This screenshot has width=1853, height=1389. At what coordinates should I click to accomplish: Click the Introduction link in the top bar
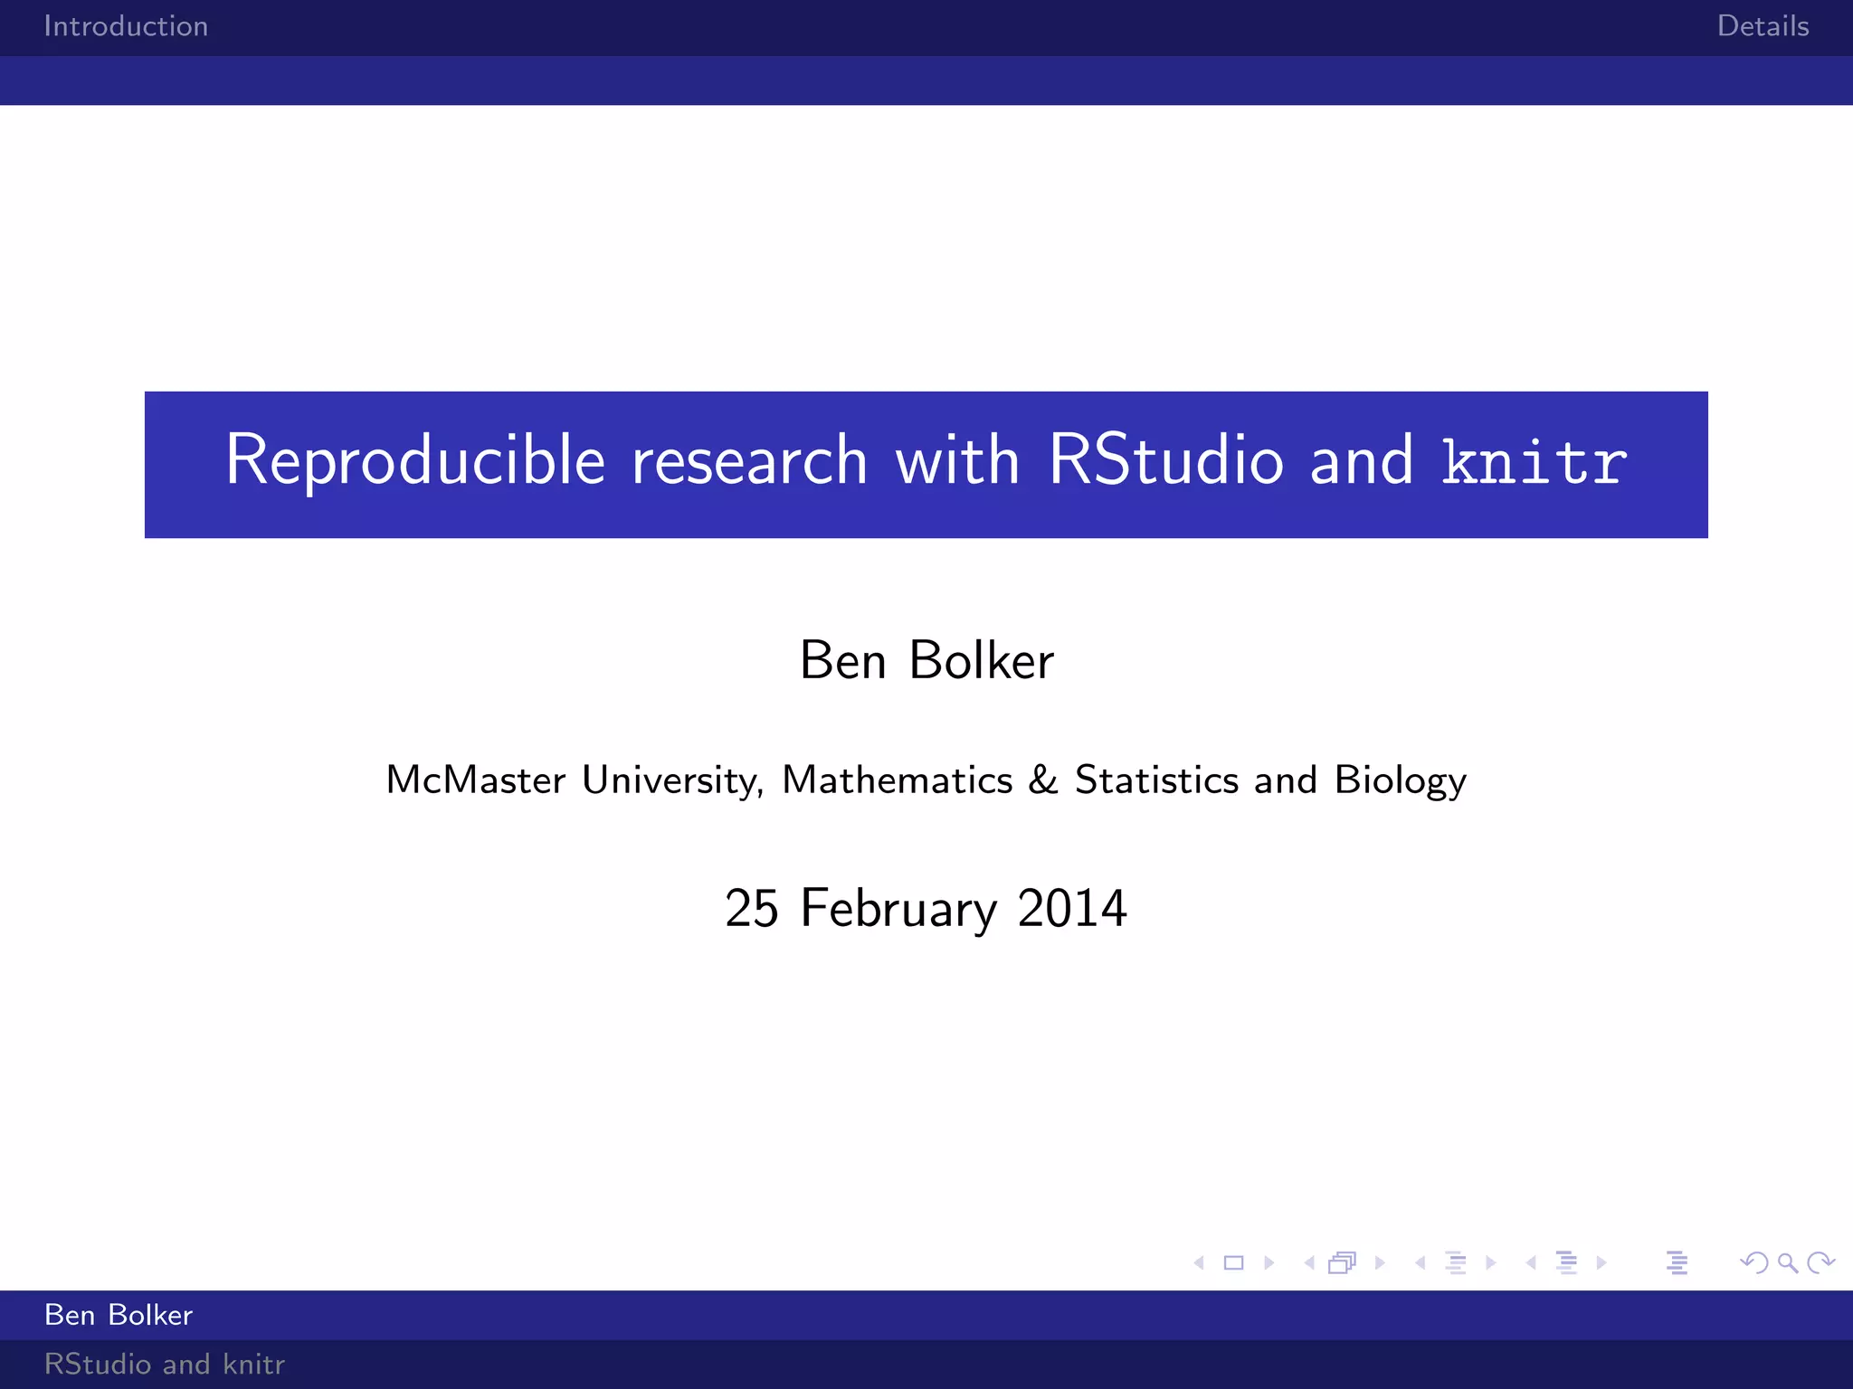126,26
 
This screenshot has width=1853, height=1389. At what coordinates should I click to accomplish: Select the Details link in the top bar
1763,26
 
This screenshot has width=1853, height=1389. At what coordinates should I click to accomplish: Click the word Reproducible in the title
414,461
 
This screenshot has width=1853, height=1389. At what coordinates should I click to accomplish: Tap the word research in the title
749,461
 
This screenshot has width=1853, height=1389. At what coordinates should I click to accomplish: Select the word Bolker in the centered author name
981,660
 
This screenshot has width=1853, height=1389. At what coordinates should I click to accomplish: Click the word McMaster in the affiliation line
476,780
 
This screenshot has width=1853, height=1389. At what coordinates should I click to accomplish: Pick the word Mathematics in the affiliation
897,780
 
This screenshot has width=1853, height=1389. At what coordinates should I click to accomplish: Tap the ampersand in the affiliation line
1043,780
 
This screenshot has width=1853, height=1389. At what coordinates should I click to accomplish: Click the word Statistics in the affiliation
1156,780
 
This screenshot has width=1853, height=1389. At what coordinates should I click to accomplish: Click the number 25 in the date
751,908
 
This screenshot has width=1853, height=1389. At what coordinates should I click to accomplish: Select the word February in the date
898,910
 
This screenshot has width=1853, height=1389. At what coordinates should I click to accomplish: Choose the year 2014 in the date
1072,908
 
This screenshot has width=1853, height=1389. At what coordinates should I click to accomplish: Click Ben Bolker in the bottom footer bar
119,1315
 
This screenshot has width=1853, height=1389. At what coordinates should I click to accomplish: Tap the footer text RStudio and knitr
164,1364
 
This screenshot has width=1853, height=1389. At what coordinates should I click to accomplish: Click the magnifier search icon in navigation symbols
1787,1262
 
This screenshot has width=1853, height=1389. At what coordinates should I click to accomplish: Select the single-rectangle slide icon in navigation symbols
1233,1262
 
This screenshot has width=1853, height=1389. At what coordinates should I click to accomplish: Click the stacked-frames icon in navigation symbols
1343,1262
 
